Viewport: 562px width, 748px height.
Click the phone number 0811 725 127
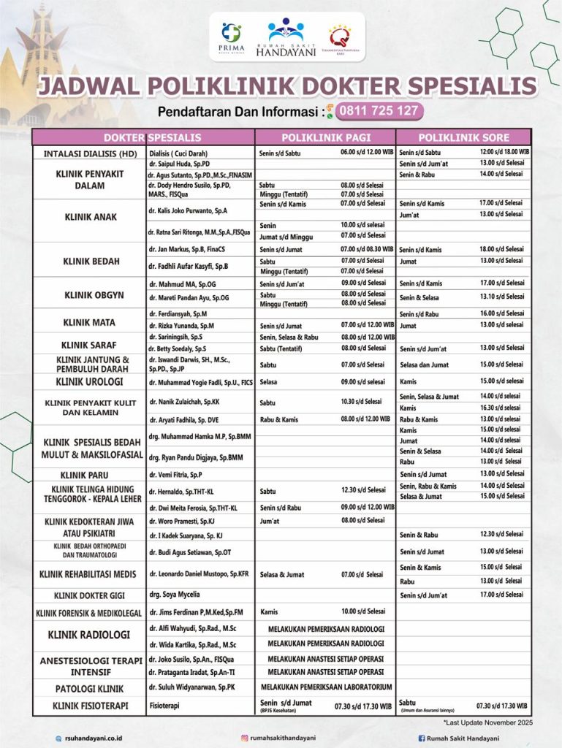(x=379, y=111)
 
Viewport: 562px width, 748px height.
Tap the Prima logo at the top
(x=231, y=37)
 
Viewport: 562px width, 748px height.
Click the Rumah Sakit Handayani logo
(x=284, y=37)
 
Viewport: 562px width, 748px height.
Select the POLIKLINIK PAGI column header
(x=326, y=137)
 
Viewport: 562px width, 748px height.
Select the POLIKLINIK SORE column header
(x=463, y=137)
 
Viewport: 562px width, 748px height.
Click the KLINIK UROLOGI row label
(x=88, y=381)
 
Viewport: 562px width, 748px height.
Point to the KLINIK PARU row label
(x=88, y=474)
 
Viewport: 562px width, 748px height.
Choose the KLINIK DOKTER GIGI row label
(x=88, y=595)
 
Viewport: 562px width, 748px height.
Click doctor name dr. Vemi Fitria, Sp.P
(x=175, y=474)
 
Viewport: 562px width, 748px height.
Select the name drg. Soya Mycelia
(x=174, y=595)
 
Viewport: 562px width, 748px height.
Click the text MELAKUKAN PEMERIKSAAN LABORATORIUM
(x=326, y=687)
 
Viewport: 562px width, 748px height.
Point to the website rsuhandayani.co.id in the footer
(x=94, y=738)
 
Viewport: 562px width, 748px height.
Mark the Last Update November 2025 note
(x=487, y=722)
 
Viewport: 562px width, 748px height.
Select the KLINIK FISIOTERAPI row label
(x=88, y=706)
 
